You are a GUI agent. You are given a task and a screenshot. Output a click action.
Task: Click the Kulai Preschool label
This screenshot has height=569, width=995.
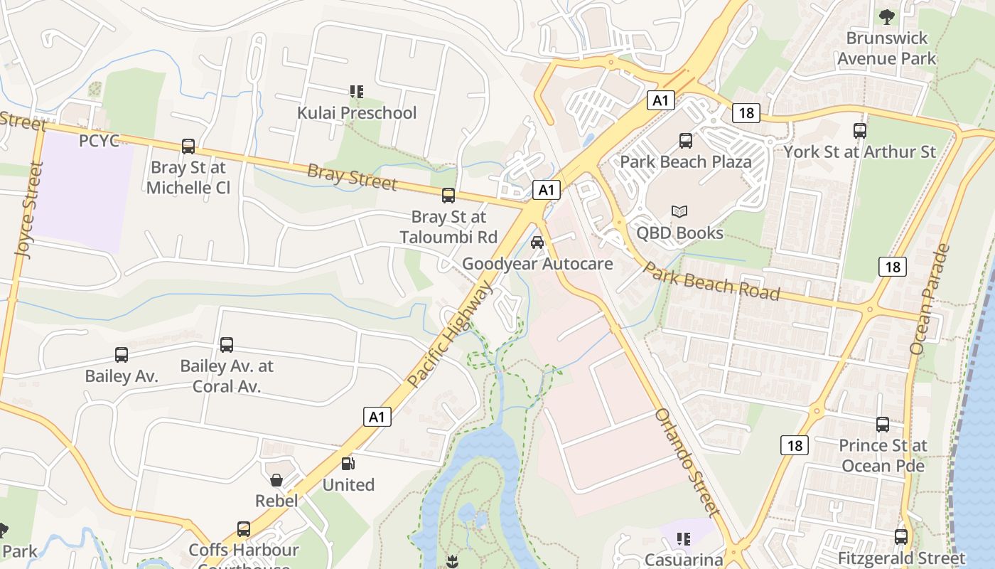[x=357, y=112]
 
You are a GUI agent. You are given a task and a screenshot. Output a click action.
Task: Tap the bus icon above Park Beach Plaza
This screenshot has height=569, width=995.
[x=686, y=141]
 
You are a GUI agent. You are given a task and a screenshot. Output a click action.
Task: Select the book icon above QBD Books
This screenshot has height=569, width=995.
[x=679, y=212]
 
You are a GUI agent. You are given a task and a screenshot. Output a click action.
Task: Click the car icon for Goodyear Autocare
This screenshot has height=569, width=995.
[x=537, y=243]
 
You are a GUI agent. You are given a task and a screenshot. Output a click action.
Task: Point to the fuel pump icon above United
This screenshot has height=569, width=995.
[x=348, y=464]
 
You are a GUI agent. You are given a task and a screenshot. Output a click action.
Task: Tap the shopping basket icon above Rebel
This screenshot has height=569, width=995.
[x=276, y=480]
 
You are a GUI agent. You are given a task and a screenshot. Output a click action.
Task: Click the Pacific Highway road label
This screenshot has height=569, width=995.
[x=451, y=334]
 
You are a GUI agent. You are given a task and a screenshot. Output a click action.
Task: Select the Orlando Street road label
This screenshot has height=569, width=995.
[x=687, y=462]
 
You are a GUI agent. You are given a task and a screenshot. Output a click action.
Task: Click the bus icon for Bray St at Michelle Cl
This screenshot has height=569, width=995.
[x=188, y=147]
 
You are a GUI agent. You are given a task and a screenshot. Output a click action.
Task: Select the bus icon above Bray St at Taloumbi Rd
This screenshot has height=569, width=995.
[x=448, y=196]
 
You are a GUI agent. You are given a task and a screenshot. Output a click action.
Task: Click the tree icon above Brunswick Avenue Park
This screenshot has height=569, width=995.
[x=886, y=16]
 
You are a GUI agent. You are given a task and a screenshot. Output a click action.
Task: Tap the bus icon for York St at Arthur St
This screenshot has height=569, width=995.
[x=860, y=131]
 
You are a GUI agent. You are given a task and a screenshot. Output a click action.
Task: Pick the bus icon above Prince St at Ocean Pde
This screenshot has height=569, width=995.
[x=883, y=425]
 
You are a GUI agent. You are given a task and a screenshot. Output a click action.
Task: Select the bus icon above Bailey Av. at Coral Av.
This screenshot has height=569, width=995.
[x=227, y=345]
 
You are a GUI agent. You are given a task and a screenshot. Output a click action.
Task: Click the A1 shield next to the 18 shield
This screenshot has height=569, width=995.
[x=661, y=100]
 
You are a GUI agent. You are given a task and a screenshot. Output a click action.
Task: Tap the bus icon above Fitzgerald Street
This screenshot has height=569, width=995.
[x=901, y=537]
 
